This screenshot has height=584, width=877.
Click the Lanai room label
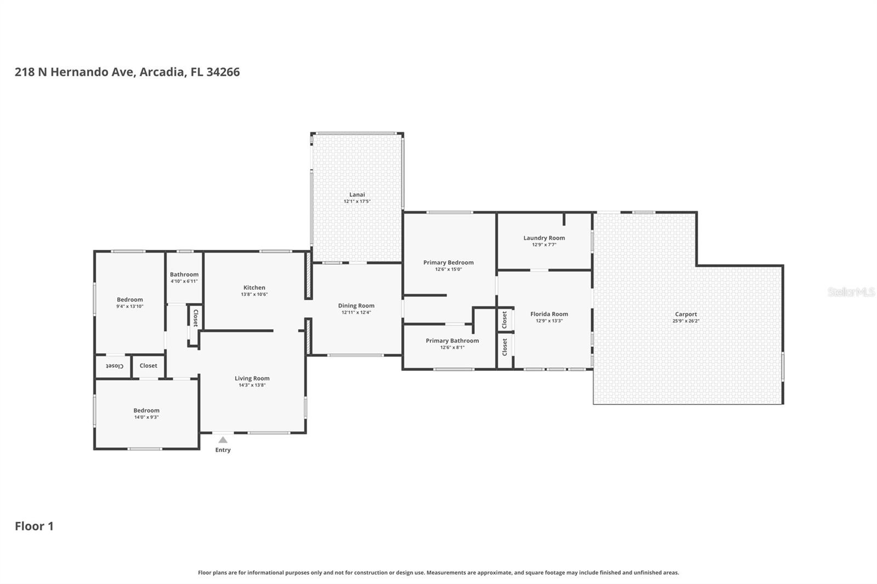pyautogui.click(x=357, y=194)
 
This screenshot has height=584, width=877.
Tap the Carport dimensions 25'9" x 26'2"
pyautogui.click(x=686, y=321)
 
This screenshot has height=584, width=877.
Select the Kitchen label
pyautogui.click(x=254, y=288)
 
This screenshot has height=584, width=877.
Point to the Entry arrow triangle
pyautogui.click(x=223, y=439)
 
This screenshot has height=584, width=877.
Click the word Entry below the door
pyautogui.click(x=223, y=450)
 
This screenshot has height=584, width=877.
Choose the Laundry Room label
pyautogui.click(x=544, y=238)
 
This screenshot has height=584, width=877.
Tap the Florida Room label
pyautogui.click(x=549, y=314)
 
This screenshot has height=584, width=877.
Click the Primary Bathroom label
pyautogui.click(x=452, y=341)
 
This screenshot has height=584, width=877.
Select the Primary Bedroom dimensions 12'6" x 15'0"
pyautogui.click(x=448, y=270)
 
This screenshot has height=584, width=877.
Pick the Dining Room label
pyautogui.click(x=356, y=306)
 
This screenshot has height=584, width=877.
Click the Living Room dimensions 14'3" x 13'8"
pyautogui.click(x=252, y=385)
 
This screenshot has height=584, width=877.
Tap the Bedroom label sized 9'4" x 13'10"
pyautogui.click(x=130, y=300)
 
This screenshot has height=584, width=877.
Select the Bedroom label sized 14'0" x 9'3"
pyautogui.click(x=146, y=410)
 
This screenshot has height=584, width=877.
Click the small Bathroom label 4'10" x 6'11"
pyautogui.click(x=184, y=274)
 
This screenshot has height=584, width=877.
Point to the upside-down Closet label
pyautogui.click(x=115, y=365)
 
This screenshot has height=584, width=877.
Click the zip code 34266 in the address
pyautogui.click(x=223, y=72)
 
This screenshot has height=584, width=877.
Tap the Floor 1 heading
pyautogui.click(x=34, y=526)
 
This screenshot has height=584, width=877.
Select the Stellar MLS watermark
pyautogui.click(x=851, y=292)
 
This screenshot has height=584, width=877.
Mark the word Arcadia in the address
pyautogui.click(x=162, y=72)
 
